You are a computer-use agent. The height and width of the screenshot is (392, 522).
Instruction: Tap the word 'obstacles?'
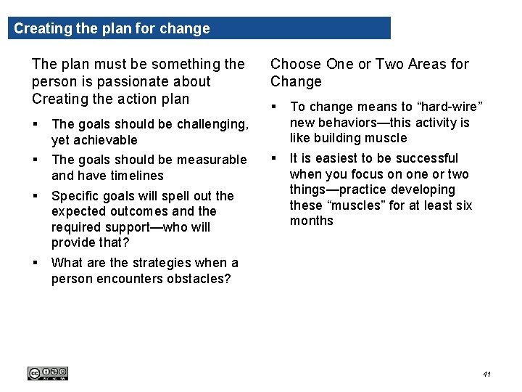[x=195, y=279]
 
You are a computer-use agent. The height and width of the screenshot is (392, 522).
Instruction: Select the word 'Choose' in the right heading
[x=296, y=64]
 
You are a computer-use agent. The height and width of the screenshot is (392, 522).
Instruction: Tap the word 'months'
[x=312, y=221]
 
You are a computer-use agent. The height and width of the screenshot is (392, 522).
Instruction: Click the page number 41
[x=486, y=374]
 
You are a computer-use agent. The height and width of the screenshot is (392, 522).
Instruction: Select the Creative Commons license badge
[x=47, y=373]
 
